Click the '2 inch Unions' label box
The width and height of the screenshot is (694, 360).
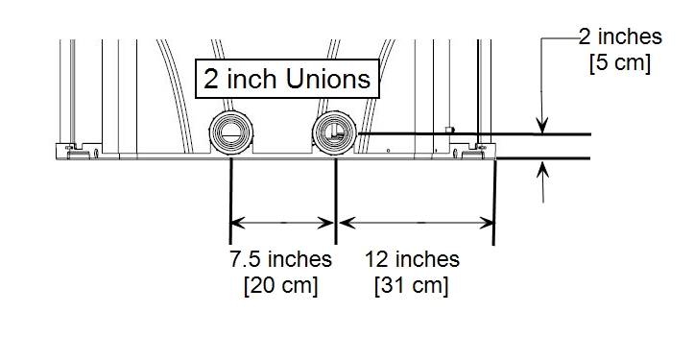pos(287,79)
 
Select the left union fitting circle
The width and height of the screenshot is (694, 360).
pos(230,132)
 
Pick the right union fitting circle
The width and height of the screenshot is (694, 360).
pos(334,132)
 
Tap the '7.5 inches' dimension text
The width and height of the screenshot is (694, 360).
pos(280,259)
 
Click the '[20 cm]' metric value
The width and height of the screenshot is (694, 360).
pos(280,285)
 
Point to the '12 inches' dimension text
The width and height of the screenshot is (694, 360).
pos(412,259)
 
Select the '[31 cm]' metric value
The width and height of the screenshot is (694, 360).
pos(411,285)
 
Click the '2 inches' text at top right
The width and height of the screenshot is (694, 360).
pos(620,36)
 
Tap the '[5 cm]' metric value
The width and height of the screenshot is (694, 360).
pos(620,62)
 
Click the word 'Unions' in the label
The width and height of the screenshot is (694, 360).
pos(328,79)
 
